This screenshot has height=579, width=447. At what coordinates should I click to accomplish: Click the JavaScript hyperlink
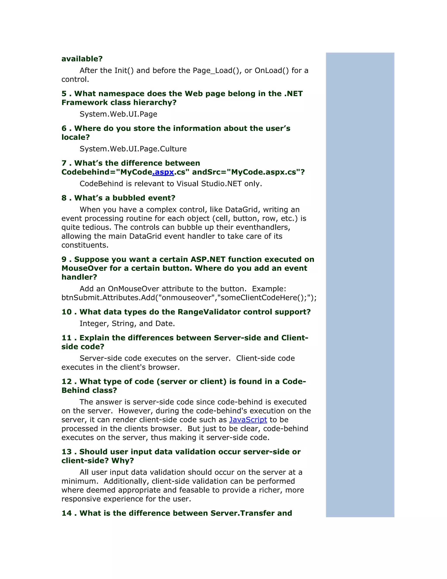coord(248,420)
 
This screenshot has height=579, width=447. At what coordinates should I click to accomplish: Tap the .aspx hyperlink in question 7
coord(163,172)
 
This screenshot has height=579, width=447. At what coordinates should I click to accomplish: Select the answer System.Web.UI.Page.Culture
coord(133,149)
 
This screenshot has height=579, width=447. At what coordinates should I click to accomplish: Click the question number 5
coord(64,94)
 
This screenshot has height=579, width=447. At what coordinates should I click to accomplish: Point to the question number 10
coord(67,312)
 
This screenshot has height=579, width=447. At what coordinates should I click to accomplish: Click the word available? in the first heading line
coord(82,59)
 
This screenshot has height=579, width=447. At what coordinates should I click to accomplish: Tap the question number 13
coord(67,452)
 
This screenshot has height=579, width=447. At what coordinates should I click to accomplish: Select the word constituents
coord(85,245)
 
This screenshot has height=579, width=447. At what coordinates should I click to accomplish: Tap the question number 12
coord(67,381)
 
